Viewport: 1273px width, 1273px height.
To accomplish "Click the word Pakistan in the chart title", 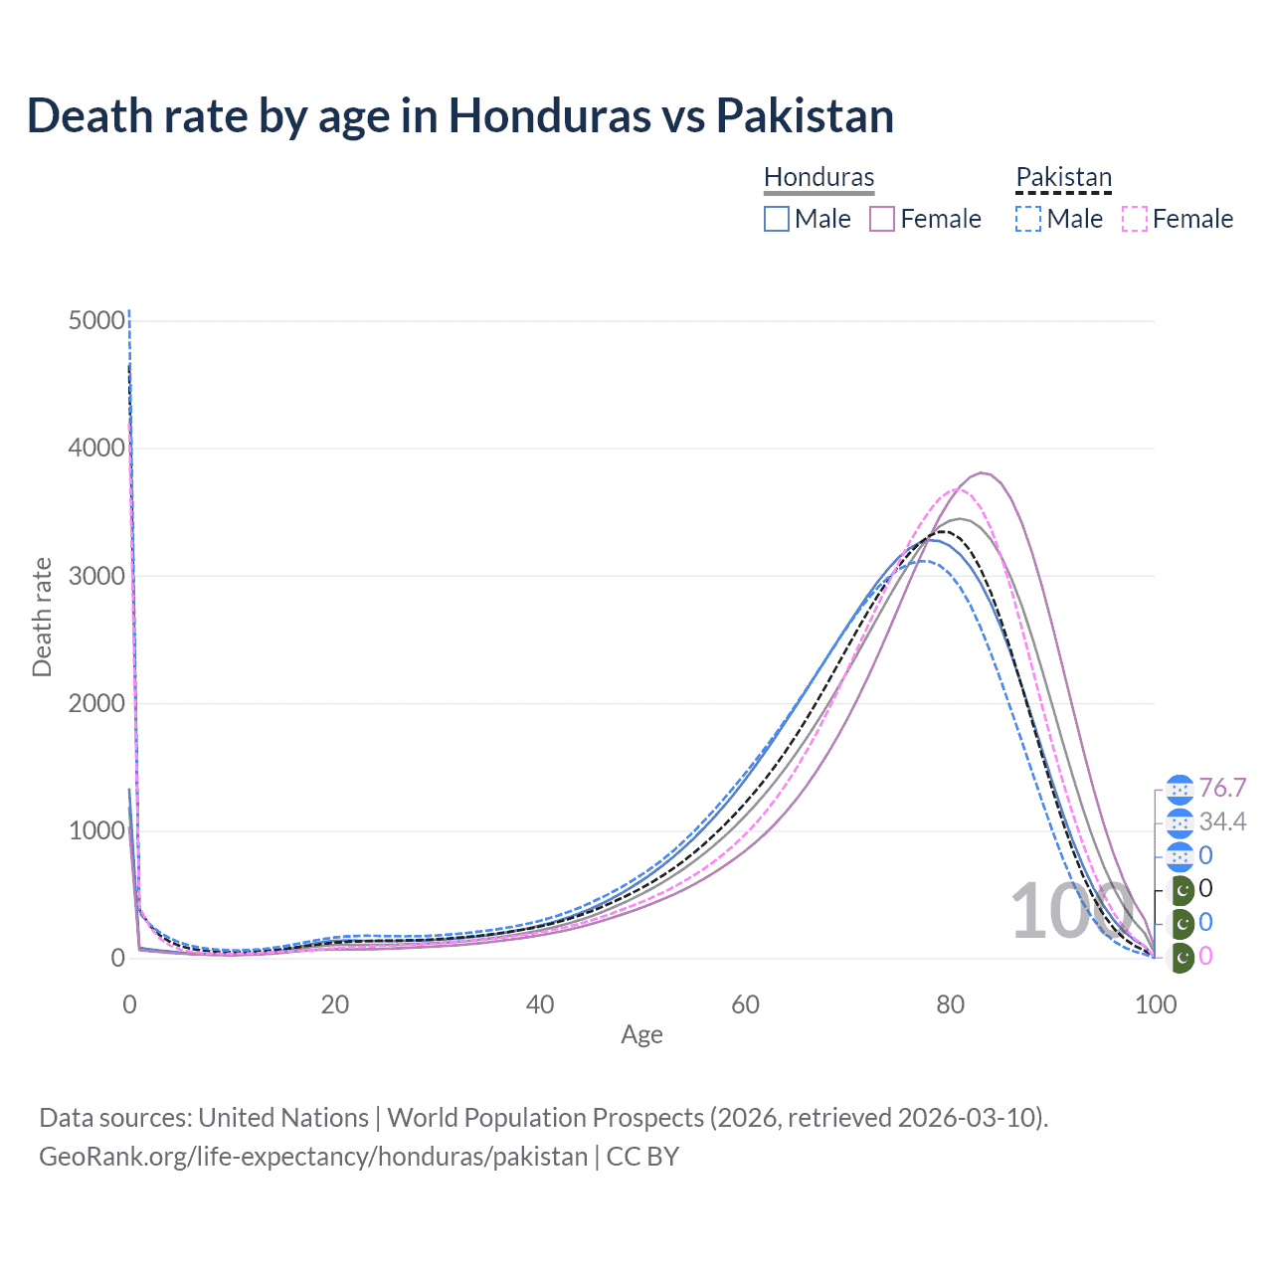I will coord(805,116).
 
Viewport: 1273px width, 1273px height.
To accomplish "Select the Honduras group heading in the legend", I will coord(818,177).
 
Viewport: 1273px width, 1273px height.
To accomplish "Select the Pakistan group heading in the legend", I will coord(1063,177).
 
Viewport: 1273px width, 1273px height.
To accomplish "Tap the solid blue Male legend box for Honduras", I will coord(777,219).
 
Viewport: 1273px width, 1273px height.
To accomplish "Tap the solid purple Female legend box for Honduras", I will coord(882,219).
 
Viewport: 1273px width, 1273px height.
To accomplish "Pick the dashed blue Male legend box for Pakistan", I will coord(1028,219).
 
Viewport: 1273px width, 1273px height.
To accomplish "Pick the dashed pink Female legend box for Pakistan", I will coord(1135,219).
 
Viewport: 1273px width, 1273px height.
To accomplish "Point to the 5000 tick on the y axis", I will coord(97,321).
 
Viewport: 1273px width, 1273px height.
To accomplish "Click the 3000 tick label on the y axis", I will coord(97,576).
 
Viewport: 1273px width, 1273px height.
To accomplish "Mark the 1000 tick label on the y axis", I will coord(97,830).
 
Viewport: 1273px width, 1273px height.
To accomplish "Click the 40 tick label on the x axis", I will coord(540,1004).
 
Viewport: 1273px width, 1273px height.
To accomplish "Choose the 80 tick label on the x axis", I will coord(951,1004).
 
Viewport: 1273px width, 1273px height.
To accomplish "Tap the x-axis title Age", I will coord(641,1034).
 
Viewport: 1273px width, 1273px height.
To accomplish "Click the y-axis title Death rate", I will coord(42,617).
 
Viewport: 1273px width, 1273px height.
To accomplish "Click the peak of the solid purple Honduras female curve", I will coord(982,473).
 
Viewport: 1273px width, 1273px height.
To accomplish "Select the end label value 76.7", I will coord(1222,789).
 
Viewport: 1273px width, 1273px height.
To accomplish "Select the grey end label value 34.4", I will coord(1222,822).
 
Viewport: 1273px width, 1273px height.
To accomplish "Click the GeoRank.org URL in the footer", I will coord(313,1157).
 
